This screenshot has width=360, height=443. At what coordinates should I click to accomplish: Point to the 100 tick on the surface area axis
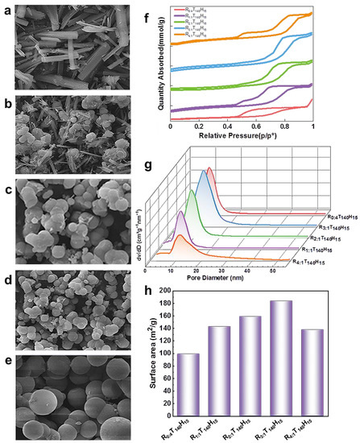[171, 354]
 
